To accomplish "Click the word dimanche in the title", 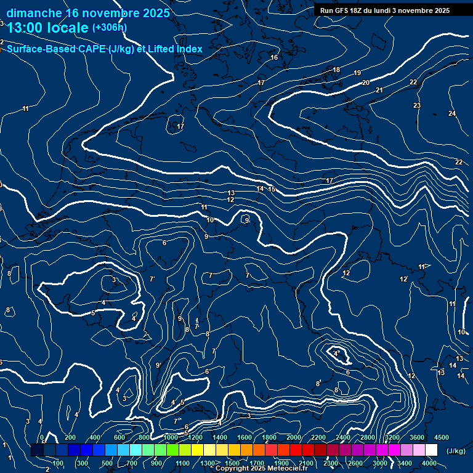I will coord(34,13).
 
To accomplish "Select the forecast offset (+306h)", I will coord(110,28).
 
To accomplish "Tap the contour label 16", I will coord(274,58).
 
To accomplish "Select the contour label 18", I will coord(336,70).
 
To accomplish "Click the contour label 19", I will coord(357,73).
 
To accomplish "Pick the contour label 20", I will coord(366,83).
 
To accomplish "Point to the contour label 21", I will coord(379,91).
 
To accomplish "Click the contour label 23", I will coord(417,106).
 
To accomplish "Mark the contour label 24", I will coord(452,114).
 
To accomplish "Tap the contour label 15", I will coord(272,189).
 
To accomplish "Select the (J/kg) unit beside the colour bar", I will coord(456,451).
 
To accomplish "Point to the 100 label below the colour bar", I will coord(59,463).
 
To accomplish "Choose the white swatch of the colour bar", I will coord(431,450).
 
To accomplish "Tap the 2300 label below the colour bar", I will coord(331,463).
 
